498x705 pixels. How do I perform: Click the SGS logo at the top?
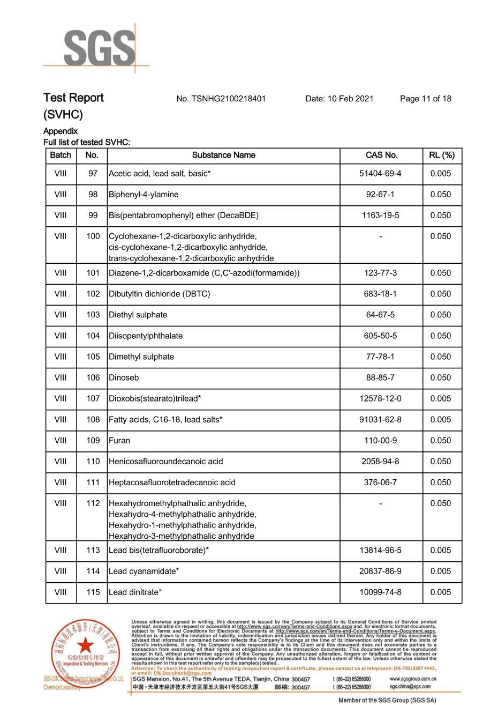pyautogui.click(x=99, y=48)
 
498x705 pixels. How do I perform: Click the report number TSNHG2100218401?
pyautogui.click(x=221, y=99)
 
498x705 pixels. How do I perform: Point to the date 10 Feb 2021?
pyautogui.click(x=339, y=99)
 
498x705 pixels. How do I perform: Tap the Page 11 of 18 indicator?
pyautogui.click(x=425, y=99)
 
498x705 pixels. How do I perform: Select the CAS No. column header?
pyautogui.click(x=381, y=155)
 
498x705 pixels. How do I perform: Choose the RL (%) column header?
pyautogui.click(x=441, y=155)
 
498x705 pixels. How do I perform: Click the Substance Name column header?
pyautogui.click(x=223, y=155)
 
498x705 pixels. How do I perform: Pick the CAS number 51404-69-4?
pyautogui.click(x=380, y=174)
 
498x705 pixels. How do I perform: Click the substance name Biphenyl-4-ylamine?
pyautogui.click(x=144, y=195)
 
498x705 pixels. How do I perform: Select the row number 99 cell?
pyautogui.click(x=93, y=216)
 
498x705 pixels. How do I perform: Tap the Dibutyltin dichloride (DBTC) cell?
pyautogui.click(x=160, y=294)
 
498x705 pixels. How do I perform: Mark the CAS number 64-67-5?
pyautogui.click(x=380, y=315)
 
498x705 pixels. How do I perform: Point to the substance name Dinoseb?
pyautogui.click(x=124, y=377)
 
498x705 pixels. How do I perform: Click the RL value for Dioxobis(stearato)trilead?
pyautogui.click(x=441, y=398)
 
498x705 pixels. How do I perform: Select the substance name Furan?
pyautogui.click(x=119, y=440)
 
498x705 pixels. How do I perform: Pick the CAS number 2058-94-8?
pyautogui.click(x=380, y=461)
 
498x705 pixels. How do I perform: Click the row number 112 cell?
pyautogui.click(x=93, y=503)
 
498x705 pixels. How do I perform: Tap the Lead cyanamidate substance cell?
pyautogui.click(x=144, y=571)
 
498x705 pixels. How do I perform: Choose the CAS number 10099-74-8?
pyautogui.click(x=380, y=592)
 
